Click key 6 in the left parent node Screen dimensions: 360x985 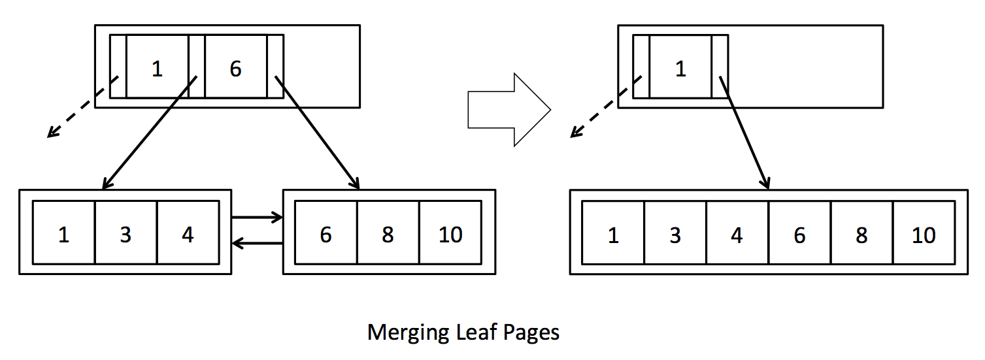pos(235,68)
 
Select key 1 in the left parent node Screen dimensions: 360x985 pos(157,68)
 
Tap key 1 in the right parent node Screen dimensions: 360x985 pos(680,68)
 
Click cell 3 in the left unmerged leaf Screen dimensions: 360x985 pos(125,233)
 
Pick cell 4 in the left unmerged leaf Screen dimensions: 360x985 pos(188,233)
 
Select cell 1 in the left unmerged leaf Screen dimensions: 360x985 pos(63,233)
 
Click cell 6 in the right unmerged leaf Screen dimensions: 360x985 pos(326,233)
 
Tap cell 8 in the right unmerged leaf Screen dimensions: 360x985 pos(388,233)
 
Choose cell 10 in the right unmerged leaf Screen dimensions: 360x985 pos(450,233)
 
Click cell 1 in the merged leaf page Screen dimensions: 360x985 pos(612,233)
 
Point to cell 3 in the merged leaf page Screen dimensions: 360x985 pos(675,233)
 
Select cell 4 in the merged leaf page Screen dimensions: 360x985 pos(737,233)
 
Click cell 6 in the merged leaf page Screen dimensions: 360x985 pos(799,233)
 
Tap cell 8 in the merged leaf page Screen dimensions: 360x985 pos(861,233)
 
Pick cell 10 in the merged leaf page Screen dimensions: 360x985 pos(924,233)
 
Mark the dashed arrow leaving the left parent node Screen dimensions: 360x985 pos(82,108)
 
